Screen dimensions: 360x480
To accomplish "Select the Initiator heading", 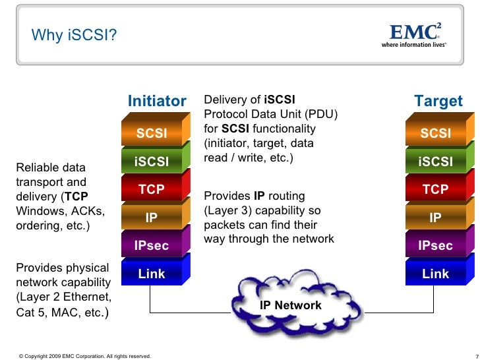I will point(157,102).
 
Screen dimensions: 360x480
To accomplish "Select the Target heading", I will point(438,102).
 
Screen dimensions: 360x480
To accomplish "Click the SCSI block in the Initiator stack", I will point(152,135).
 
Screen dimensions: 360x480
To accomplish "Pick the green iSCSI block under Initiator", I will point(152,162).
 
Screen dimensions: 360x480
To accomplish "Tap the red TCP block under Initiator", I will point(152,190).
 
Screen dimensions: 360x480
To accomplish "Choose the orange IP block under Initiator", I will point(152,218).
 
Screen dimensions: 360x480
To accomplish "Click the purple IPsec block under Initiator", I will point(152,246).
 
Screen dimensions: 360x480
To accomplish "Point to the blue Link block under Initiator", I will point(152,274).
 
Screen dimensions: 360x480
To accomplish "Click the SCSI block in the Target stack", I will point(435,135).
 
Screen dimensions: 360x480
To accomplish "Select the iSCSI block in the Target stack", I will point(435,162).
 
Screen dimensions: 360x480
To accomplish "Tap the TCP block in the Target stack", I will point(435,190).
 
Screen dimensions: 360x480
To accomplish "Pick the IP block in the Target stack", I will point(435,218).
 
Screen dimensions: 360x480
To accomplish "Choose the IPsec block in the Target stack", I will point(435,246).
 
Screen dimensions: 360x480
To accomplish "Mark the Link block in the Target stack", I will point(435,274).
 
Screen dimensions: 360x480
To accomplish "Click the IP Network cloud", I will point(290,305).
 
